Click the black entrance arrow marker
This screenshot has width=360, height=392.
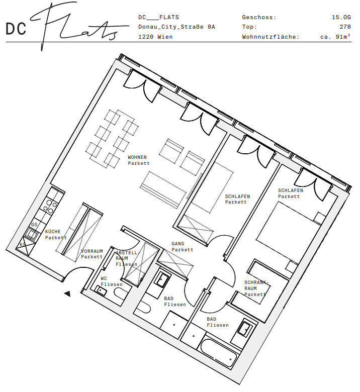tap(67, 294)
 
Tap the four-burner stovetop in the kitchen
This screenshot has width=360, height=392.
tap(50, 206)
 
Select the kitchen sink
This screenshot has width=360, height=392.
tap(32, 234)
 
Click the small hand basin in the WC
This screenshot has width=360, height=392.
tap(101, 291)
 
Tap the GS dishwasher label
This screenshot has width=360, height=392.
tap(34, 225)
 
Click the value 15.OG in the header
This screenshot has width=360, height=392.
tap(341, 17)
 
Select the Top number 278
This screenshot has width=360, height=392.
tap(345, 27)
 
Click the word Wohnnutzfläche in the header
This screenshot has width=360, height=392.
tap(271, 37)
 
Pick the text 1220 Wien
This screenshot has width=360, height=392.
tap(155, 37)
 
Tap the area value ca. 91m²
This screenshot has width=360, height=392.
tap(335, 37)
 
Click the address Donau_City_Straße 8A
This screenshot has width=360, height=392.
tap(176, 27)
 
